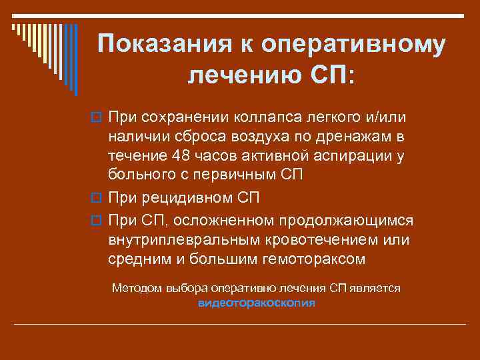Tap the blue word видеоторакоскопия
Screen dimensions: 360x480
point(257,302)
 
